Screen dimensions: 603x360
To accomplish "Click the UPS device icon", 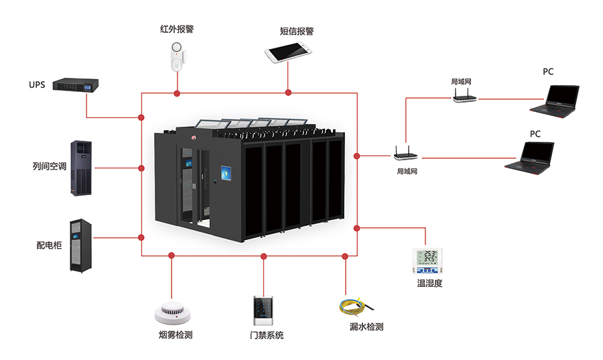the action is [x=75, y=84].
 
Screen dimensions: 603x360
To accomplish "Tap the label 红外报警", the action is [x=177, y=29].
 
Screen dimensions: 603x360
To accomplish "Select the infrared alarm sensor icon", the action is [x=177, y=57].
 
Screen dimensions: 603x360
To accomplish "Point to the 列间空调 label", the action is [x=49, y=166].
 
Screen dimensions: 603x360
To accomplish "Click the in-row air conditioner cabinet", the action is [x=81, y=168].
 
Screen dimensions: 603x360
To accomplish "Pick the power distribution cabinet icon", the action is [x=81, y=246].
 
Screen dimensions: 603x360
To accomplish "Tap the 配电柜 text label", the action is [x=49, y=245].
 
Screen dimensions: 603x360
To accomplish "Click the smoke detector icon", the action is [x=172, y=312].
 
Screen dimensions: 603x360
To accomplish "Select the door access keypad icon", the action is [x=263, y=311].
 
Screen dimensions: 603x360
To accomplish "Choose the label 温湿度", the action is [x=429, y=284].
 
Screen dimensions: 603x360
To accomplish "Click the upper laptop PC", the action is [x=555, y=101].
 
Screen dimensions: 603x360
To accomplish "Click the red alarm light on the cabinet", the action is [x=194, y=137].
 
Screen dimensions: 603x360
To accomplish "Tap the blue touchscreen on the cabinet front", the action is [x=226, y=174].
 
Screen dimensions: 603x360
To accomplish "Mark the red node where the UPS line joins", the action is [x=141, y=117].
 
